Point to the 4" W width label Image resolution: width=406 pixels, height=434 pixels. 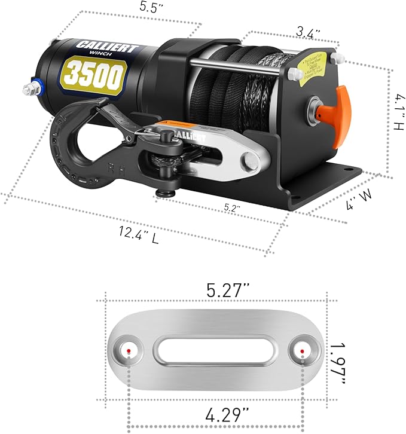357,204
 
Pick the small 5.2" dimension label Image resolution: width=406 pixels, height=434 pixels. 232,208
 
